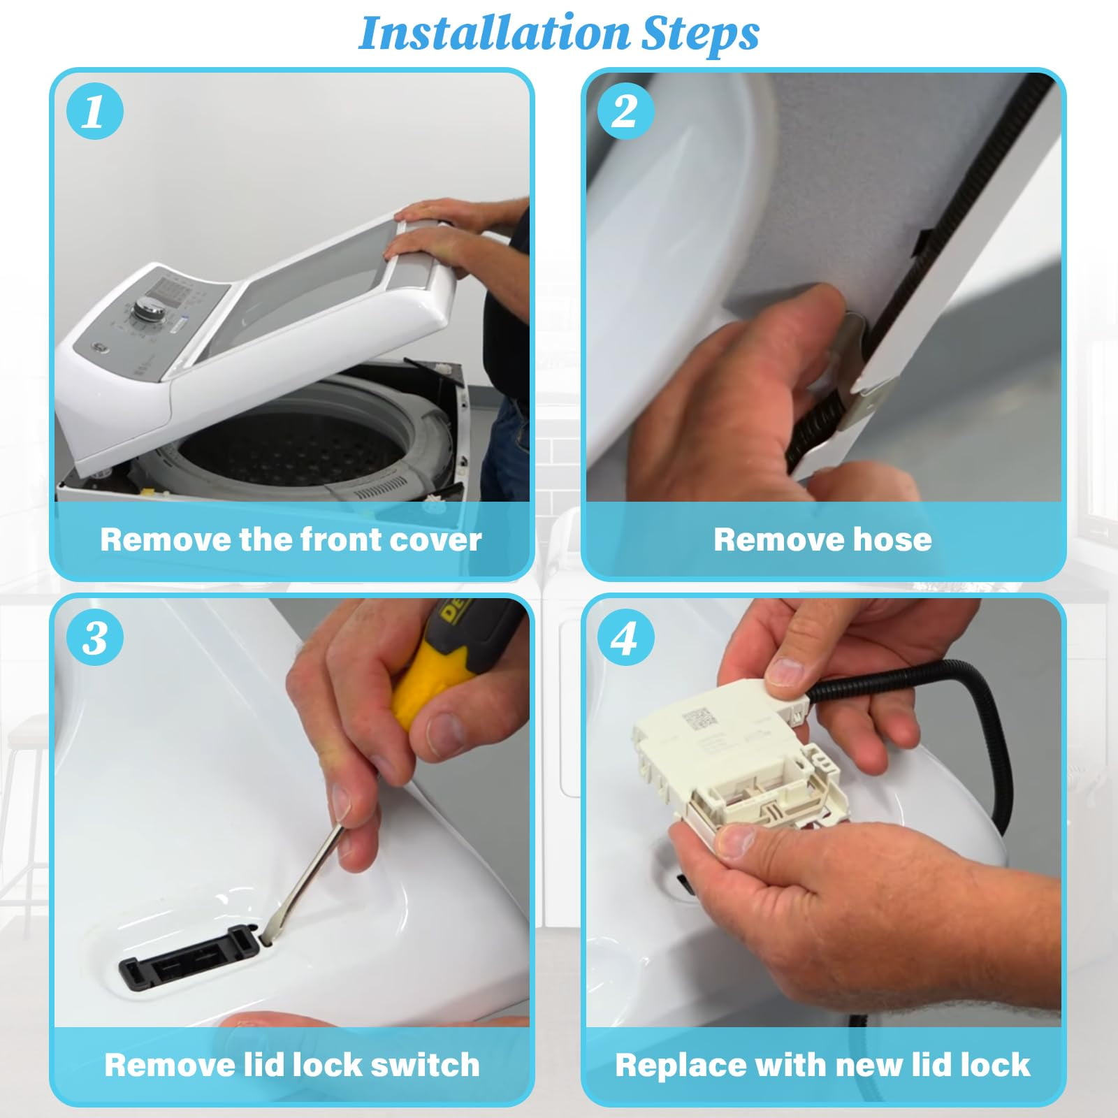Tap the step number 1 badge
(94, 110)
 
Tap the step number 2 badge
(625, 110)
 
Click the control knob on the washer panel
(150, 309)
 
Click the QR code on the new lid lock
(699, 719)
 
